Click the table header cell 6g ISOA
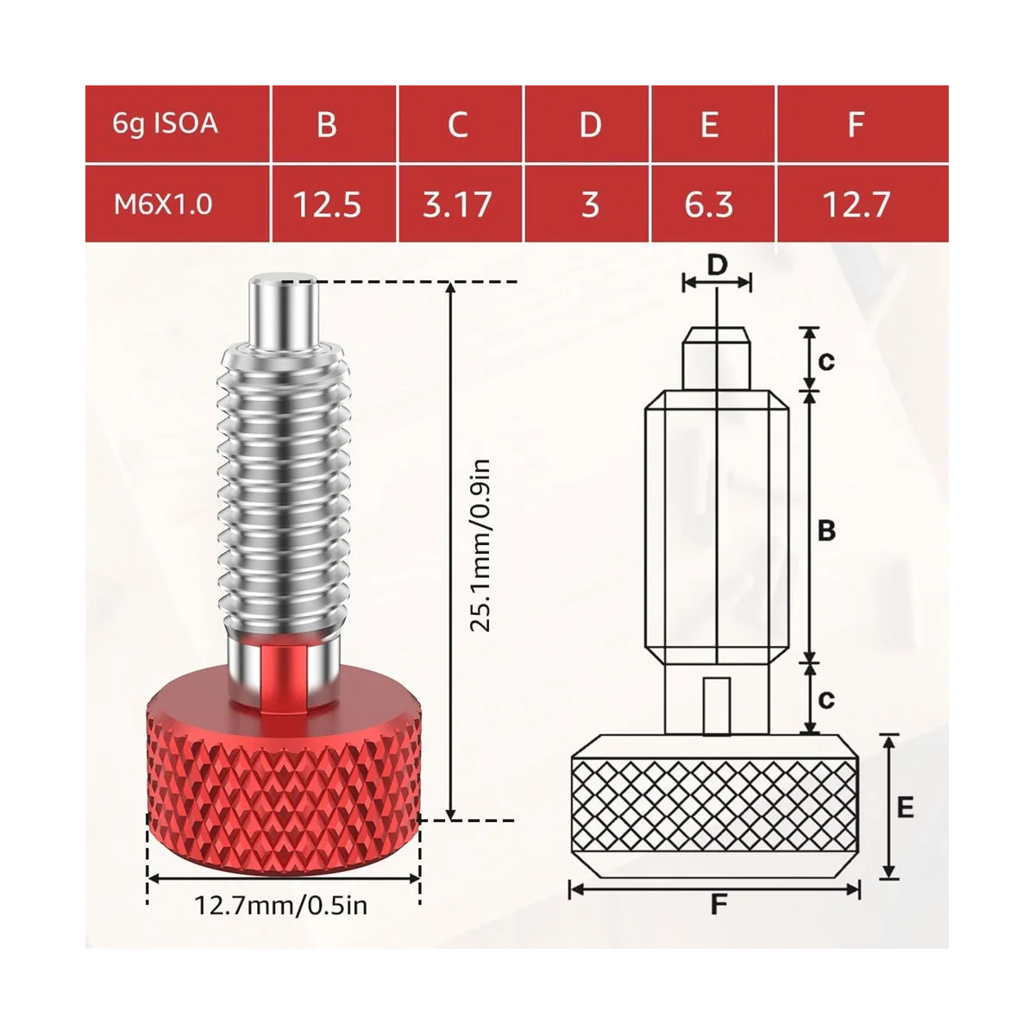coord(165,123)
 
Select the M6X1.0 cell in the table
coord(163,204)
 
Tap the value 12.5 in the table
coord(327,204)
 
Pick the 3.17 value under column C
coord(457,204)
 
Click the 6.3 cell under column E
coord(708,204)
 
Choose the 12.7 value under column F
coord(856,204)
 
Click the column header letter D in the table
coord(590,124)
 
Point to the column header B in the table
coord(327,124)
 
